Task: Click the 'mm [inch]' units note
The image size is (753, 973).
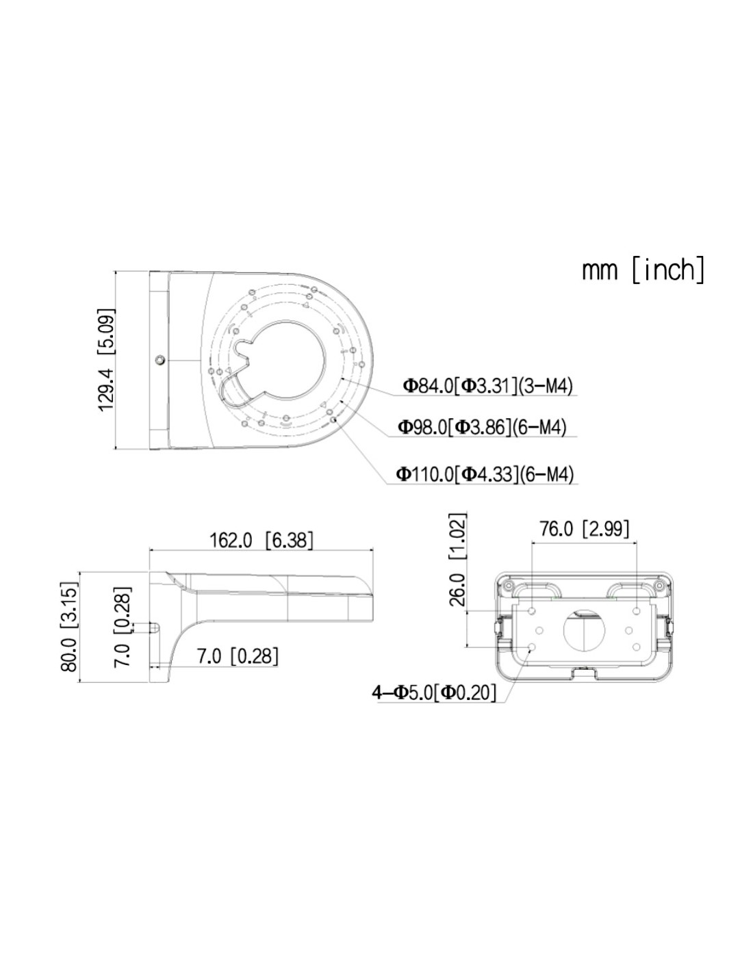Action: point(642,270)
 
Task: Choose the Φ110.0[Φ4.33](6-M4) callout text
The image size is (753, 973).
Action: point(485,473)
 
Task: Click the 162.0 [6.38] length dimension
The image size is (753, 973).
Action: point(261,540)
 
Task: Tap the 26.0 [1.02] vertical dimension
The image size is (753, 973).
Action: point(457,559)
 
